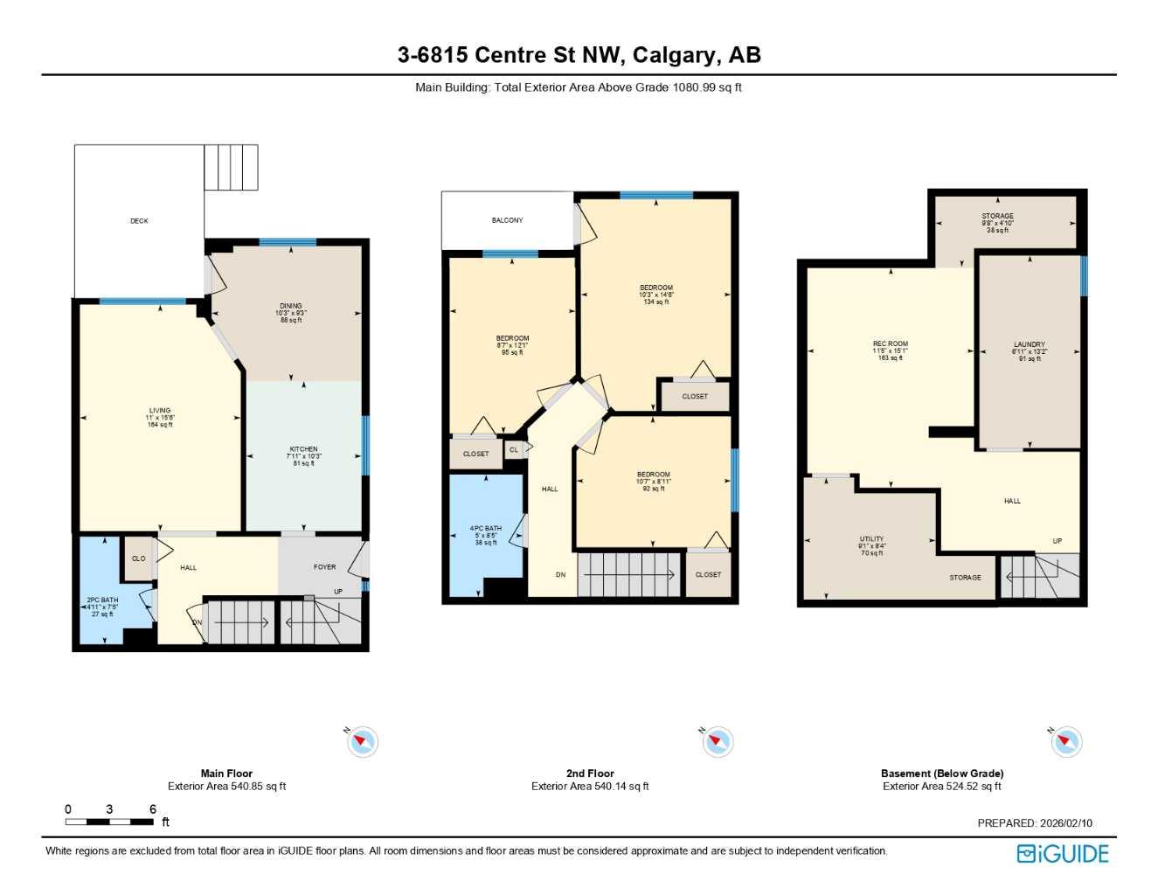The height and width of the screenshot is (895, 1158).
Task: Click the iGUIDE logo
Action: (1063, 854)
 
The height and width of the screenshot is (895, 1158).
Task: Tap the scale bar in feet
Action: (109, 822)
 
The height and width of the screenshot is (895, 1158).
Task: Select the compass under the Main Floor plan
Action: (362, 742)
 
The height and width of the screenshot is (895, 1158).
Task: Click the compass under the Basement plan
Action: (1066, 742)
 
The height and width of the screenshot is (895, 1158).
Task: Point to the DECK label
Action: (139, 221)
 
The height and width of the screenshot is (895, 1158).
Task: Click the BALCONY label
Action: (507, 220)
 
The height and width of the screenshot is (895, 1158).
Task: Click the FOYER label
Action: (324, 567)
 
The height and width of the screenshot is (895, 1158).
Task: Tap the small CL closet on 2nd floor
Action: (514, 450)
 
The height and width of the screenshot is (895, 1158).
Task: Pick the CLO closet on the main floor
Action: (138, 559)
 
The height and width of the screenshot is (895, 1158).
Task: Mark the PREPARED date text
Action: (1035, 823)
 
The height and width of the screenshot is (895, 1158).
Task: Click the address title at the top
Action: (579, 55)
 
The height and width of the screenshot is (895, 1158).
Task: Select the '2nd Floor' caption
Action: (590, 774)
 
